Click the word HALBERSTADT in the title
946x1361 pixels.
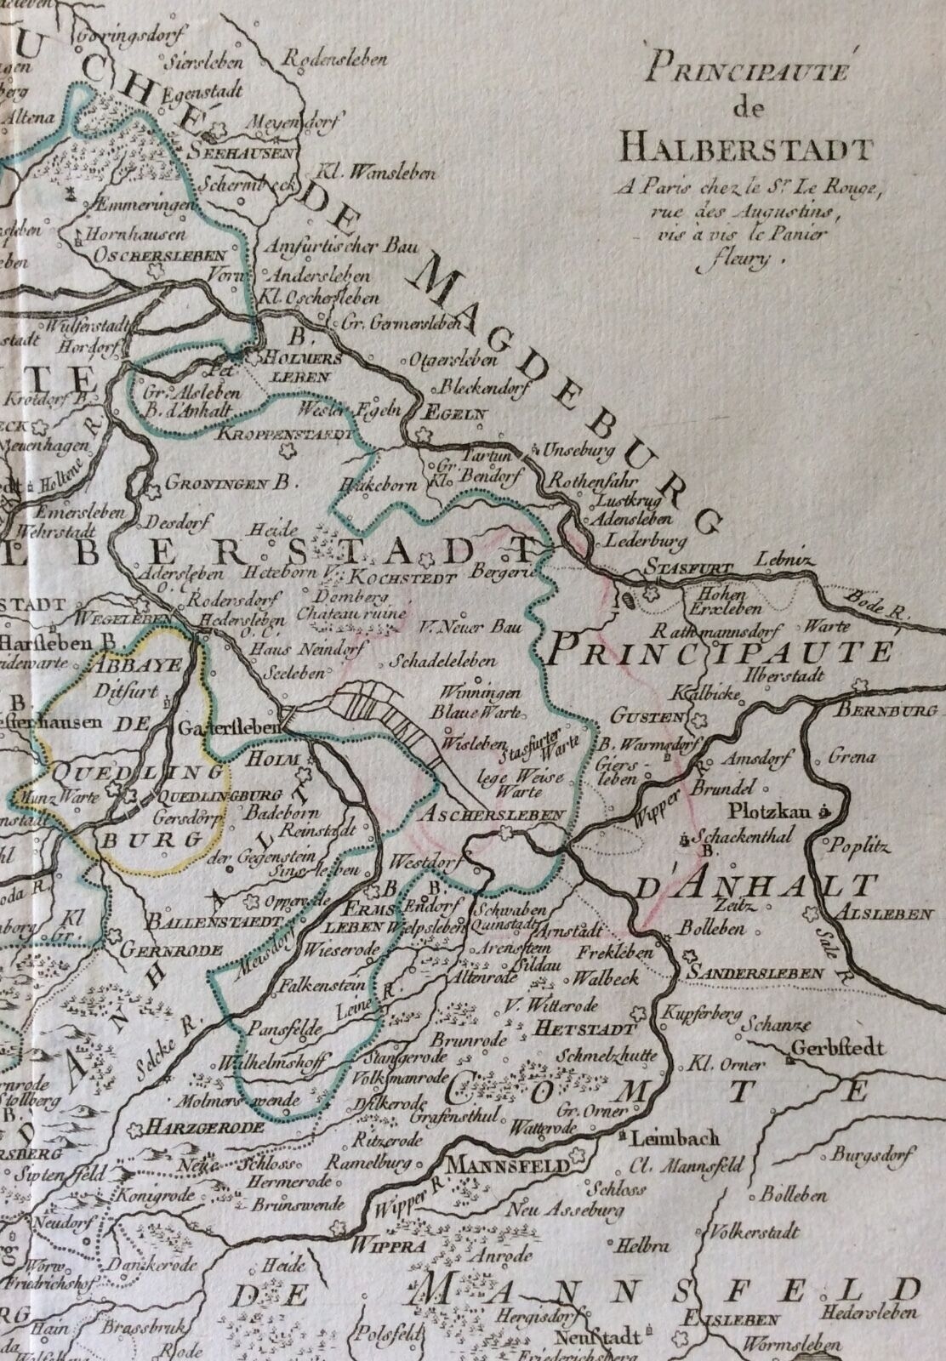tap(746, 151)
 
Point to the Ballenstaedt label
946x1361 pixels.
tap(201, 921)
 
